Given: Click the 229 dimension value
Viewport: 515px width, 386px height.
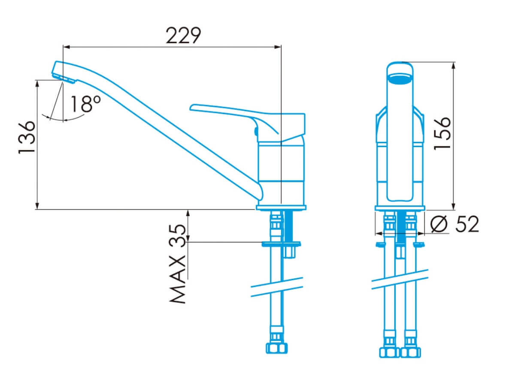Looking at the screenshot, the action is click(x=183, y=36).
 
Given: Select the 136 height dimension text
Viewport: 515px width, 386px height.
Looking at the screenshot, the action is click(x=27, y=137).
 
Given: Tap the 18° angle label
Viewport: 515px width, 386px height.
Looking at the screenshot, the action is click(x=86, y=104).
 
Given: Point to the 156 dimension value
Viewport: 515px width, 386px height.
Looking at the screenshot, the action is click(x=442, y=133).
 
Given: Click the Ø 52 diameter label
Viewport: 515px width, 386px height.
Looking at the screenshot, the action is click(x=454, y=224).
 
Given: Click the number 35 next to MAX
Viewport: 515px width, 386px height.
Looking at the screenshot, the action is click(x=178, y=233).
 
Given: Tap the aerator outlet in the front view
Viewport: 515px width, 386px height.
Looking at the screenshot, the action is click(x=400, y=79).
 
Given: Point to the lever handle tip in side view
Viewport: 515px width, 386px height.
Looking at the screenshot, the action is click(x=192, y=108).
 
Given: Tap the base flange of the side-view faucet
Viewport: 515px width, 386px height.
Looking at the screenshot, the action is click(x=281, y=208).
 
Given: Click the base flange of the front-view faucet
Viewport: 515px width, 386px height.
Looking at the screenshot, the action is click(x=400, y=208).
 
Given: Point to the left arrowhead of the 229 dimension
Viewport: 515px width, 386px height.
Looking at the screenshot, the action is click(x=67, y=47).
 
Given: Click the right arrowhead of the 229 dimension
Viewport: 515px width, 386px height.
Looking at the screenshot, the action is click(x=278, y=47).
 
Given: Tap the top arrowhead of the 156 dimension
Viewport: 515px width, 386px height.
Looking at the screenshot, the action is click(x=454, y=66).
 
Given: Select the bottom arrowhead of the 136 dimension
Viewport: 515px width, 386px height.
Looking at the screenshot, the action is click(x=37, y=206).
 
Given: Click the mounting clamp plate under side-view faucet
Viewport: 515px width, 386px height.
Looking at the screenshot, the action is click(x=281, y=244).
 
